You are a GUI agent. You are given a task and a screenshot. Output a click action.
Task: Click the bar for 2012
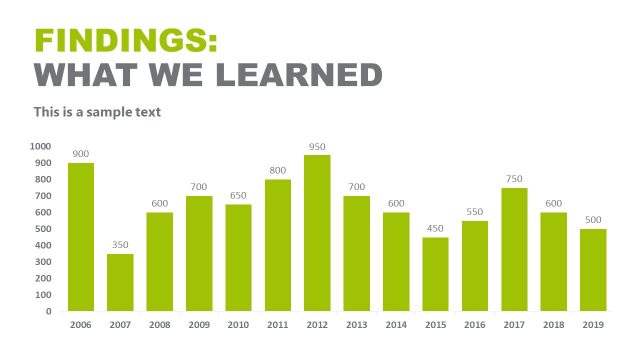coord(317,233)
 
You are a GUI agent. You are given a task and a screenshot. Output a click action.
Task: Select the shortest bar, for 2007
coord(120,282)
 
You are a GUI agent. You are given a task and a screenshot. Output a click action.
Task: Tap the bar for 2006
coord(81,237)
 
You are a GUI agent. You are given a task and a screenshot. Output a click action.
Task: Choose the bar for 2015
coord(435,274)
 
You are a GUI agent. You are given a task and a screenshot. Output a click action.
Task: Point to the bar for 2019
coord(593,270)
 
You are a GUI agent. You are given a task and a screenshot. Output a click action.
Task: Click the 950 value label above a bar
coord(317,147)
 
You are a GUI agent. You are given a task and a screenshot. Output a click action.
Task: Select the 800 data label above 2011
coord(278,171)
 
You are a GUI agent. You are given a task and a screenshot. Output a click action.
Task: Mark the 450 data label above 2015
coord(435,229)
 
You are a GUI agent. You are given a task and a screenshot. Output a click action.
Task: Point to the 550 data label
coord(475,213)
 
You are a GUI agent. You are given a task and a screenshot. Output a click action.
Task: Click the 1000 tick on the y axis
coord(41,146)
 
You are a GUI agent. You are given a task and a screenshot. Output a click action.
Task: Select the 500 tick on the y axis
coord(43,229)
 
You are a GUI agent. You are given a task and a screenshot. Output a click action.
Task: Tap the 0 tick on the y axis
coord(48,311)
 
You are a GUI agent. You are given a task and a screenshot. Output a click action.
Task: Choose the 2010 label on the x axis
coord(238,325)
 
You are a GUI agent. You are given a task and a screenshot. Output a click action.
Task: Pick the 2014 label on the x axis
coord(396,325)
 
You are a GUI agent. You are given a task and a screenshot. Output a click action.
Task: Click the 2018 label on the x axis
coord(554,325)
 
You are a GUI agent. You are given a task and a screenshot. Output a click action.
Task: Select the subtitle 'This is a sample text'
coord(97,112)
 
